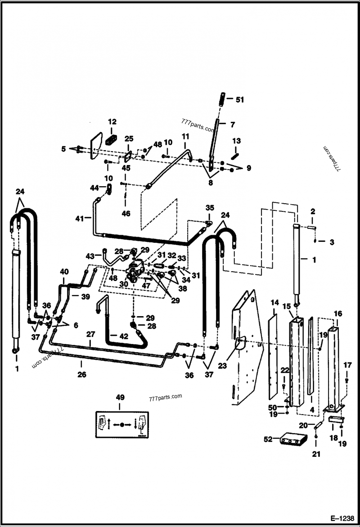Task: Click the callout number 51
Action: pyautogui.click(x=239, y=100)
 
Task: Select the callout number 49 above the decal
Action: pyautogui.click(x=120, y=397)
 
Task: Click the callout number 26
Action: pyautogui.click(x=81, y=374)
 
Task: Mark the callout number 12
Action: pyautogui.click(x=112, y=121)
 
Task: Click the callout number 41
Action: pyautogui.click(x=80, y=218)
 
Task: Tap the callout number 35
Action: pyautogui.click(x=210, y=208)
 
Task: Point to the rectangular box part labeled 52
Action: pyautogui.click(x=293, y=439)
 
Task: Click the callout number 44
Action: pyautogui.click(x=94, y=187)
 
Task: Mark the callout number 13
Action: pyautogui.click(x=237, y=141)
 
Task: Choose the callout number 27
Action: pyautogui.click(x=90, y=335)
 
